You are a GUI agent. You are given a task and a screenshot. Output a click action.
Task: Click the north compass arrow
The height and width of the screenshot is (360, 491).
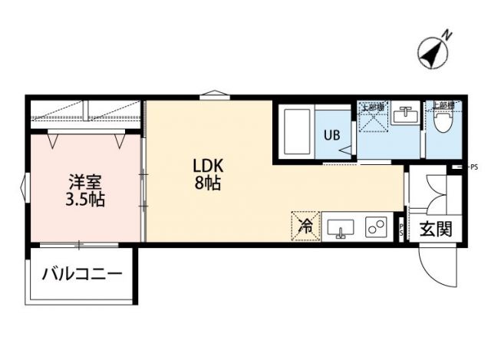coord(433,50)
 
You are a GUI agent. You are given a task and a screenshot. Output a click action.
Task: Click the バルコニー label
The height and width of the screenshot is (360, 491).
coord(82,274)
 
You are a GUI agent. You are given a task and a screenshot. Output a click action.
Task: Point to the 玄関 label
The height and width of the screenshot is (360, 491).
coord(434,229)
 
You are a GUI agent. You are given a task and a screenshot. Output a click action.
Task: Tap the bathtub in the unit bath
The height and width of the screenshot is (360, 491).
coord(297,134)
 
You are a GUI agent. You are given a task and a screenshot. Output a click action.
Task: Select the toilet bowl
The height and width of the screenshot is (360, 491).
coord(442,122)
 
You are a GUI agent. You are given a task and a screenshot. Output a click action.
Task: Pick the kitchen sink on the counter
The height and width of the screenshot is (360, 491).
coord(341,228)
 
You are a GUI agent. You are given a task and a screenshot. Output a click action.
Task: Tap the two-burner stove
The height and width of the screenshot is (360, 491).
coord(377,228)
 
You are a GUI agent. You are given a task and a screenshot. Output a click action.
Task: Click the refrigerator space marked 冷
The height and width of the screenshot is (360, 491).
coord(305,226)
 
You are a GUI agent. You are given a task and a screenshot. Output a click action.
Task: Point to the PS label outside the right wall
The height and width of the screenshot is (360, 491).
coord(473,167)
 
